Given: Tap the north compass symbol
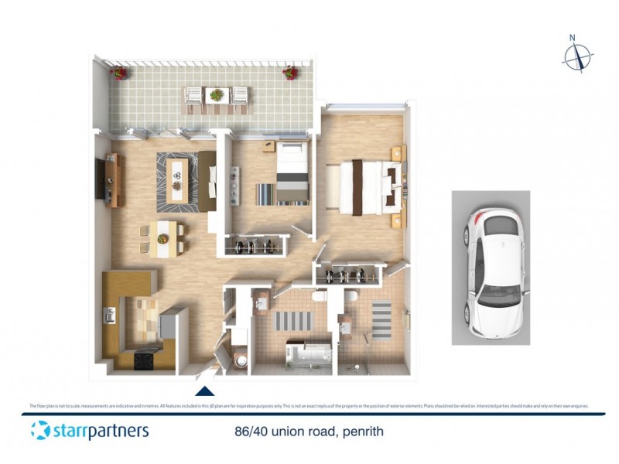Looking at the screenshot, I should click(577, 56).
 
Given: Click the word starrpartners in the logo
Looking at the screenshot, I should click(101, 430).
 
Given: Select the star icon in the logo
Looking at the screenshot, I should click(40, 430).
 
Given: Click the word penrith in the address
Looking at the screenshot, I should click(362, 431).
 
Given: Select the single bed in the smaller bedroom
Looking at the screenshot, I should click(291, 175).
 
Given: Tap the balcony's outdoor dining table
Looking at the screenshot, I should click(216, 96).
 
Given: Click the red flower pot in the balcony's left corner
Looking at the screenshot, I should click(118, 73).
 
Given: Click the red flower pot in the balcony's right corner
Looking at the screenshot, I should click(290, 73).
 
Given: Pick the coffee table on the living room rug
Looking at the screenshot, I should click(178, 179).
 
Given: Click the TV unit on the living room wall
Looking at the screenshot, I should click(109, 181).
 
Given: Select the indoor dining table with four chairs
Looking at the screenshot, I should click(163, 237).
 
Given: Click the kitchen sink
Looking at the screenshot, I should click(110, 315).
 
